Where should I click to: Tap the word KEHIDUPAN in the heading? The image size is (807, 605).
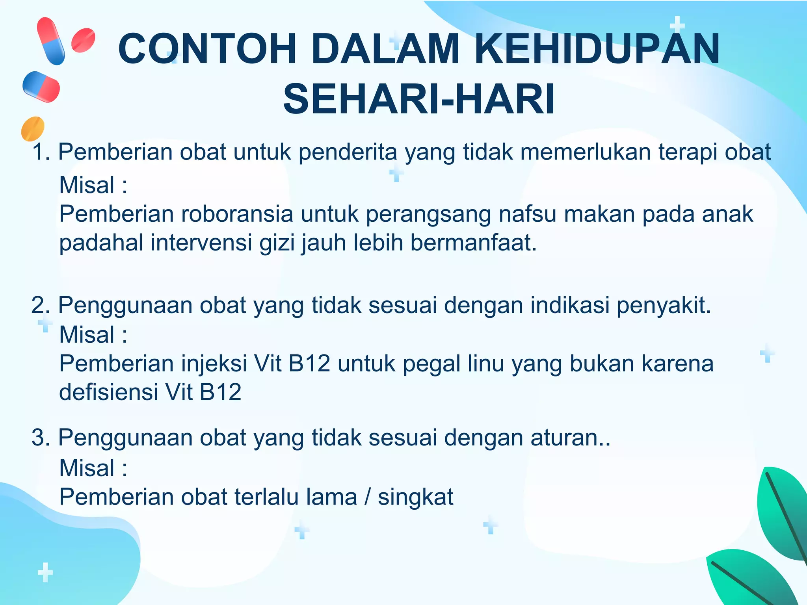coord(597,49)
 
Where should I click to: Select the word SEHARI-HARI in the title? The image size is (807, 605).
coord(419,99)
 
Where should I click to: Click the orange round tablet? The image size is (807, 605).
coord(33,128)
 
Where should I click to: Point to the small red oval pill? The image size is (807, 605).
coord(83,40)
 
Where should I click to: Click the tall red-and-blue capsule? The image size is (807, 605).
coord(51,41)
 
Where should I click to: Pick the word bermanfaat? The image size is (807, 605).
coord(473,243)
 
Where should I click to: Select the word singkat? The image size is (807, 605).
coord(415,497)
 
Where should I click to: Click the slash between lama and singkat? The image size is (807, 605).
coord(368,497)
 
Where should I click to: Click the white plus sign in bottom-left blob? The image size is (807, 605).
coord(45,572)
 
